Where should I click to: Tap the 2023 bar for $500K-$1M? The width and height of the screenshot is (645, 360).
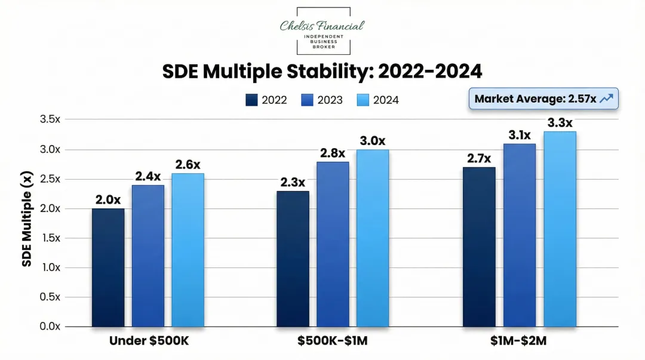(333, 244)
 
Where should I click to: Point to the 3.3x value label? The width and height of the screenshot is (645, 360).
(560, 123)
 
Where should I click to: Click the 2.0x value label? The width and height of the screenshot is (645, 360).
(108, 200)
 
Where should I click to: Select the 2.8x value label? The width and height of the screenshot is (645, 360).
(333, 153)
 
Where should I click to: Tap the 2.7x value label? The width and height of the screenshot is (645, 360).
(478, 159)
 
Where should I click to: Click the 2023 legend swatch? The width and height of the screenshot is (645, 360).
(307, 100)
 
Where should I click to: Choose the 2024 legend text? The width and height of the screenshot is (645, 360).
(386, 100)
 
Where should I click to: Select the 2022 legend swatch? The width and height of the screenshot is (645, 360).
(251, 100)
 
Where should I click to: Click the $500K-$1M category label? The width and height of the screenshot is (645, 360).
(333, 341)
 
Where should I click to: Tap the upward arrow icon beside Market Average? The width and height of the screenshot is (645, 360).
(606, 99)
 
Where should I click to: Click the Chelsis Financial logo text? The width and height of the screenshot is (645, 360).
(322, 26)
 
